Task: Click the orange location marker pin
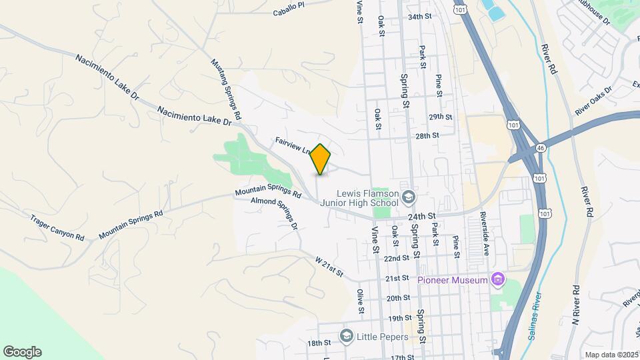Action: click(321, 159)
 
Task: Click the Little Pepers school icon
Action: click(346, 336)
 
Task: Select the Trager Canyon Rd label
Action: click(57, 228)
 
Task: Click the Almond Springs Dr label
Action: click(274, 212)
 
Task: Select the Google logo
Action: click(22, 351)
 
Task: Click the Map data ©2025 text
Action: click(610, 355)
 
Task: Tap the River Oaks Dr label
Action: click(593, 100)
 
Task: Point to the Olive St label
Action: click(360, 301)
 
